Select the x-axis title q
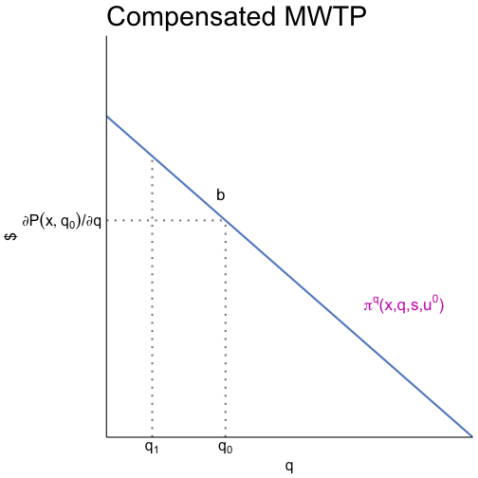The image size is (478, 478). tap(289, 467)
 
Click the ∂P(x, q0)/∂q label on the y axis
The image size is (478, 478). tap(62, 221)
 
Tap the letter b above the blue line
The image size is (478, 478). tap(220, 195)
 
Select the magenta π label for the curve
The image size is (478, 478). tap(404, 305)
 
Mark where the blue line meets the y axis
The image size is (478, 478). tap(107, 116)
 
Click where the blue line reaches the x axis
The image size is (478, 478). tap(471, 436)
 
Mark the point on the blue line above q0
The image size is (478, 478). tap(225, 220)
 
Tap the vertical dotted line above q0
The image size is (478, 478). tap(225, 332)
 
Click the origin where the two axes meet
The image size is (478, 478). tap(107, 436)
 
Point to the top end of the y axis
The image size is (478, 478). tap(107, 36)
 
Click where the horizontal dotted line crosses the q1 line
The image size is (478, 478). tap(152, 220)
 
